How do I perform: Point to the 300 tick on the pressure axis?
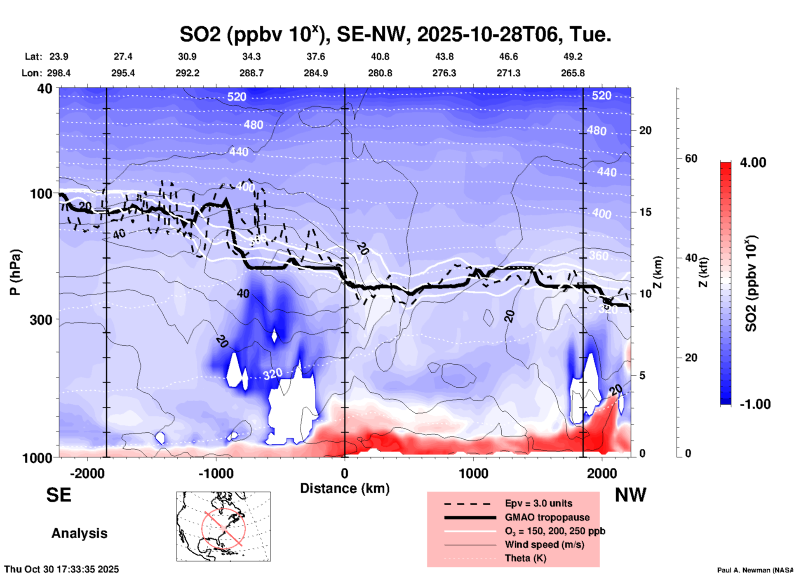[41, 320]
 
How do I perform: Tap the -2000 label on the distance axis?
[87, 473]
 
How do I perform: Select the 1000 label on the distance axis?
[473, 473]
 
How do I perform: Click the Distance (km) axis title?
[345, 488]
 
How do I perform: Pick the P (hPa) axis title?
[15, 272]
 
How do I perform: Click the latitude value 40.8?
[380, 57]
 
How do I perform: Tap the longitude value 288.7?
[251, 73]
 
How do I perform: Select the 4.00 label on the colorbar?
[753, 162]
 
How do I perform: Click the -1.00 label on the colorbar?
[755, 404]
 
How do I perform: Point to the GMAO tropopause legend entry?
[547, 517]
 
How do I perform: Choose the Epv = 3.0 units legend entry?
[538, 503]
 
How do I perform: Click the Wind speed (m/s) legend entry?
[544, 544]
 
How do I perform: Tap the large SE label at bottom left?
[59, 495]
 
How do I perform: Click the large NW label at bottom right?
[630, 495]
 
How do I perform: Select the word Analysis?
[79, 533]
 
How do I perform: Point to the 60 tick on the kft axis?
[691, 158]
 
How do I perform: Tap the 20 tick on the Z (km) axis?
[645, 130]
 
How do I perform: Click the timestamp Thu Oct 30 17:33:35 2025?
[61, 569]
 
